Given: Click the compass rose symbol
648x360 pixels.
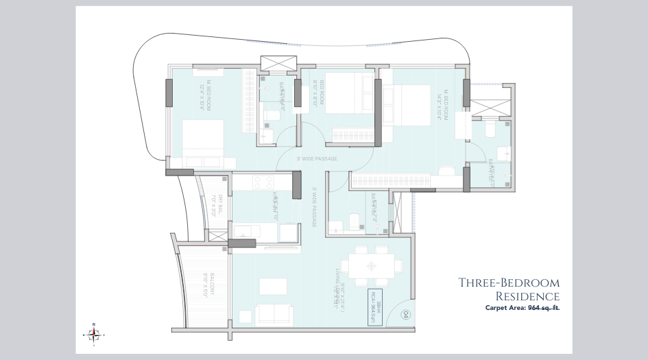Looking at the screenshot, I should click(95, 333).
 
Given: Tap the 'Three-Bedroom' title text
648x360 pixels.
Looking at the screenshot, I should click(509, 283).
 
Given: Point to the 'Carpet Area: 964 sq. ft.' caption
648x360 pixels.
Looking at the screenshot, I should click(523, 309).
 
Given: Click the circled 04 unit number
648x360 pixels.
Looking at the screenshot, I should click(406, 315).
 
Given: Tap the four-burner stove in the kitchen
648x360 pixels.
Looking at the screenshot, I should click(264, 182).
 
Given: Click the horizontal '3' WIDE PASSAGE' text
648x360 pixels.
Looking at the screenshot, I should click(317, 159).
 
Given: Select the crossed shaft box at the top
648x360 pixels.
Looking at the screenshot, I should click(277, 62).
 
